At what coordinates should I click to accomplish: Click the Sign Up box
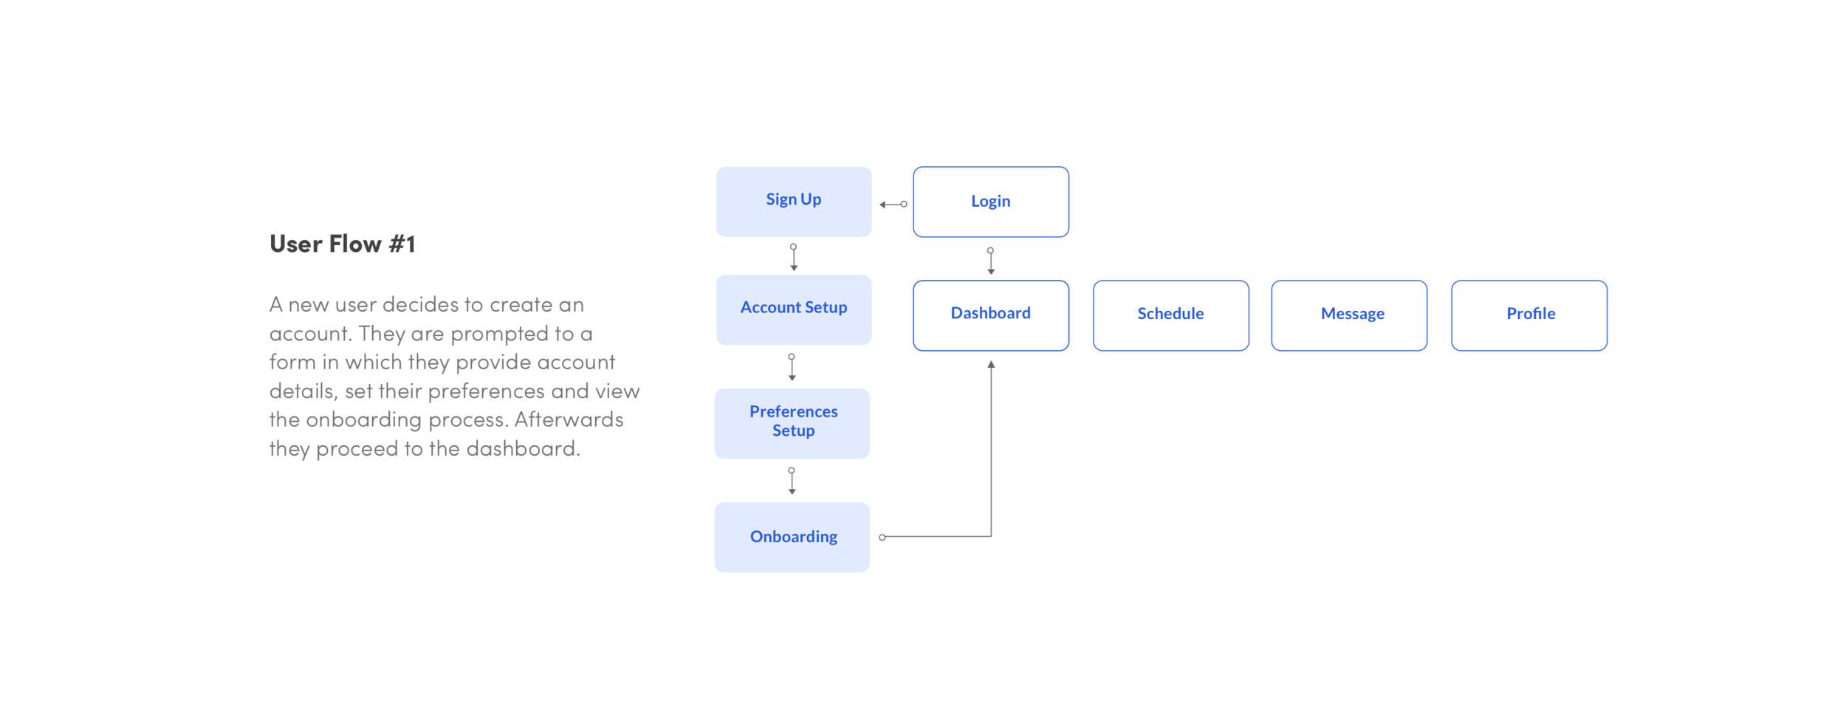794,201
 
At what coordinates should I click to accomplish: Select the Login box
990,201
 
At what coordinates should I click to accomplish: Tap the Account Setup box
794,309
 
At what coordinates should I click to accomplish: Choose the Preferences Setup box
792,422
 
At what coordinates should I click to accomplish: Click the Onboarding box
792,536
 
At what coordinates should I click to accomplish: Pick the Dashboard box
990,315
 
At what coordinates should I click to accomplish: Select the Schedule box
1170,315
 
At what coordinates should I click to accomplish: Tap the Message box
1349,315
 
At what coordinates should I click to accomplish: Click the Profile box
1528,315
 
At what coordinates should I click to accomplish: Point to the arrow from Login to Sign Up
893,204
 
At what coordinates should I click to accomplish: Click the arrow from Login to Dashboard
991,261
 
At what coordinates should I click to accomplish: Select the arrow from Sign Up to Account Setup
794,257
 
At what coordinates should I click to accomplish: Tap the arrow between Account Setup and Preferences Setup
792,366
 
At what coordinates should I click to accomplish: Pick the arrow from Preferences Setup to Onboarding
792,480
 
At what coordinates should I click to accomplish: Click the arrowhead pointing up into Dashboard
991,364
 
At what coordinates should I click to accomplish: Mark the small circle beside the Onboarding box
882,537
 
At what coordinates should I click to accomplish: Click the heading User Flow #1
343,244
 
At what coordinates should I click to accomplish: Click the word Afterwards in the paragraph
569,419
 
